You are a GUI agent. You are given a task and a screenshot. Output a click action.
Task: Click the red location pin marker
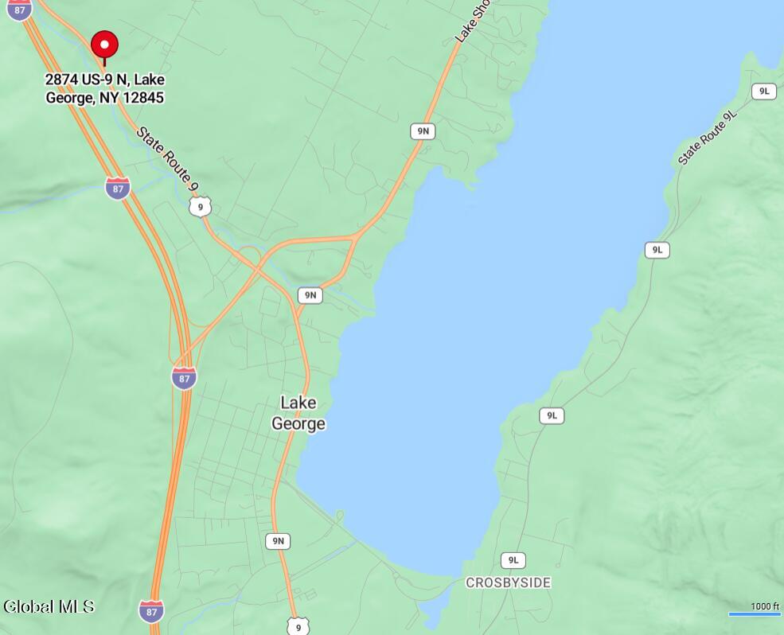104,45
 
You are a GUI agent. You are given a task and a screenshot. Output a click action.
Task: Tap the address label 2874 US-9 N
105,88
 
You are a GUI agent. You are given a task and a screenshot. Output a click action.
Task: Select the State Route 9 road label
166,158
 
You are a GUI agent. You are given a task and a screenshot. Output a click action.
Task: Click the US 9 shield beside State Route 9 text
201,207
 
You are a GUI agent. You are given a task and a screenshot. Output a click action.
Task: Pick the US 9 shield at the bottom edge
298,626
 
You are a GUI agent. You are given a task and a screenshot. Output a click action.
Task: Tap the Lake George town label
298,413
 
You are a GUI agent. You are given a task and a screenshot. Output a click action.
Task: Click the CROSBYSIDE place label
508,582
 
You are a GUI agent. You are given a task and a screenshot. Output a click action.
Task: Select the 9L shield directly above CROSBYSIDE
513,560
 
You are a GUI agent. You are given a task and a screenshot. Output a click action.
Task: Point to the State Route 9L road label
708,138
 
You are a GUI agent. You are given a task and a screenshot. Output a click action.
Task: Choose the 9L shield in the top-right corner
764,92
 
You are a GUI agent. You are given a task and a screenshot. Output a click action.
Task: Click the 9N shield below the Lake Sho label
423,131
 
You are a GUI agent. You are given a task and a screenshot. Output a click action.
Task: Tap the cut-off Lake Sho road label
472,21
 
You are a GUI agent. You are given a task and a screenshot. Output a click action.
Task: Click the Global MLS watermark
49,606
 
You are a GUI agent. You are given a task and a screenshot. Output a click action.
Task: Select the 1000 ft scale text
765,606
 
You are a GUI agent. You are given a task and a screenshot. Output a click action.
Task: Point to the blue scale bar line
755,614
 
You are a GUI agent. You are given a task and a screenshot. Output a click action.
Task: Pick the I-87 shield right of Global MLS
151,610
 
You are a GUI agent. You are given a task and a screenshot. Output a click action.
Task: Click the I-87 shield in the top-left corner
19,10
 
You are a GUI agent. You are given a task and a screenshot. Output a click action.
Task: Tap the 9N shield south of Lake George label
278,541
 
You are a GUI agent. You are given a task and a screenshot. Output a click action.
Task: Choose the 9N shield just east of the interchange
310,295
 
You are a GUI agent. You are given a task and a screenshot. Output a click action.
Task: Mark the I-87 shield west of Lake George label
184,377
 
